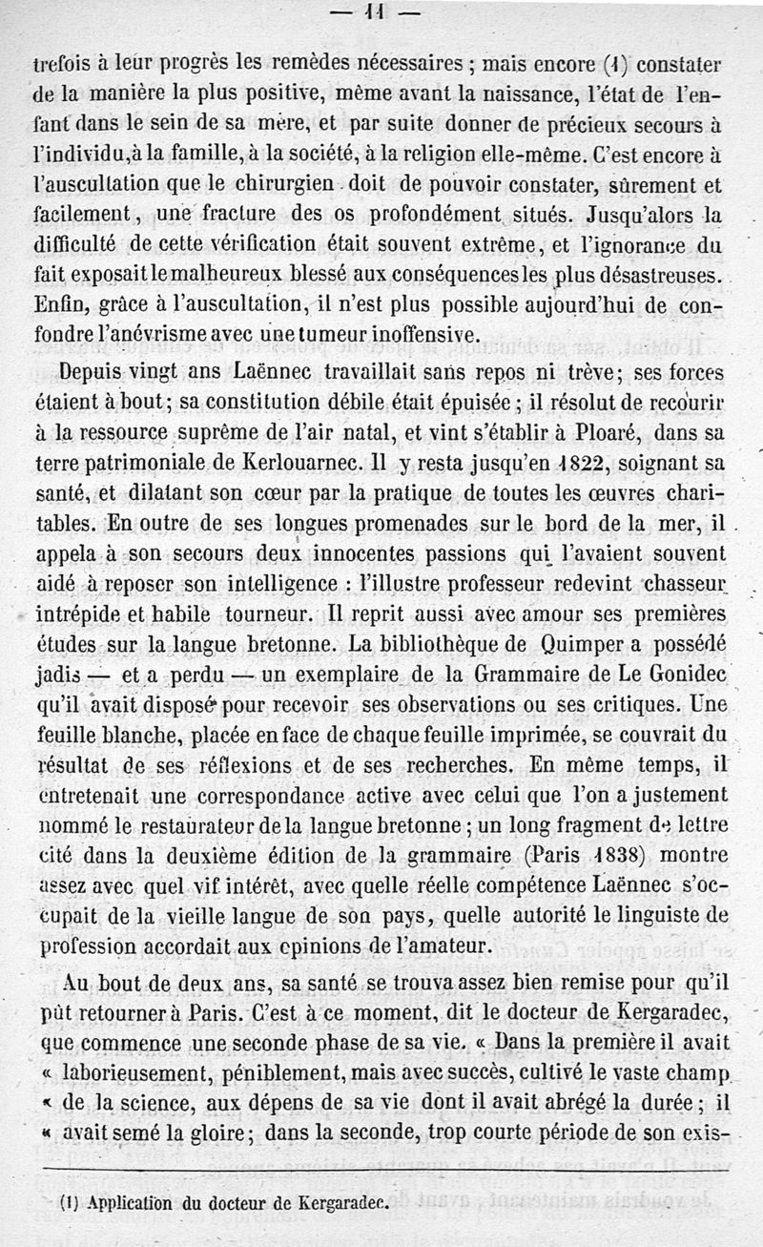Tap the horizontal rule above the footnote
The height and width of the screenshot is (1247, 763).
coord(381,1170)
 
